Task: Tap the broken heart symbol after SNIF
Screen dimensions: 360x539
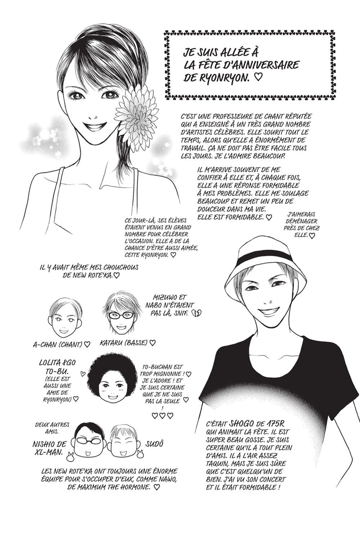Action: tap(197, 313)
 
